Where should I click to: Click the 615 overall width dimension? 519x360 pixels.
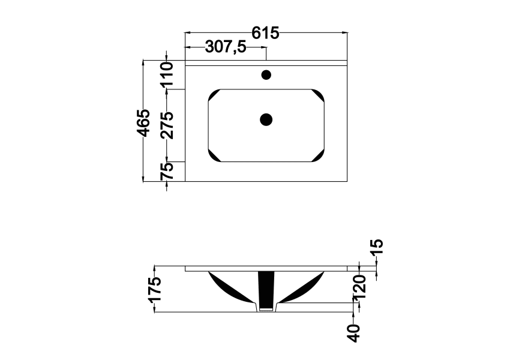265,33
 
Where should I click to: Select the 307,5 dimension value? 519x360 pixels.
226,47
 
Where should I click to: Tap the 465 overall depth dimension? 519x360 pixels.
143,122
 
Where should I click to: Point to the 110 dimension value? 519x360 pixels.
167,73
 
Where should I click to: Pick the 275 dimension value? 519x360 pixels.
167,125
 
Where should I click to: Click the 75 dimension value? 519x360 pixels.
167,171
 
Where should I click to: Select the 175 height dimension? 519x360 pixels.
155,290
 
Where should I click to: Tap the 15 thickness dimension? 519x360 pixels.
377,247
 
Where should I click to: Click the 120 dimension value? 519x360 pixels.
359,287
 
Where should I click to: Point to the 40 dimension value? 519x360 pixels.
354,333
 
